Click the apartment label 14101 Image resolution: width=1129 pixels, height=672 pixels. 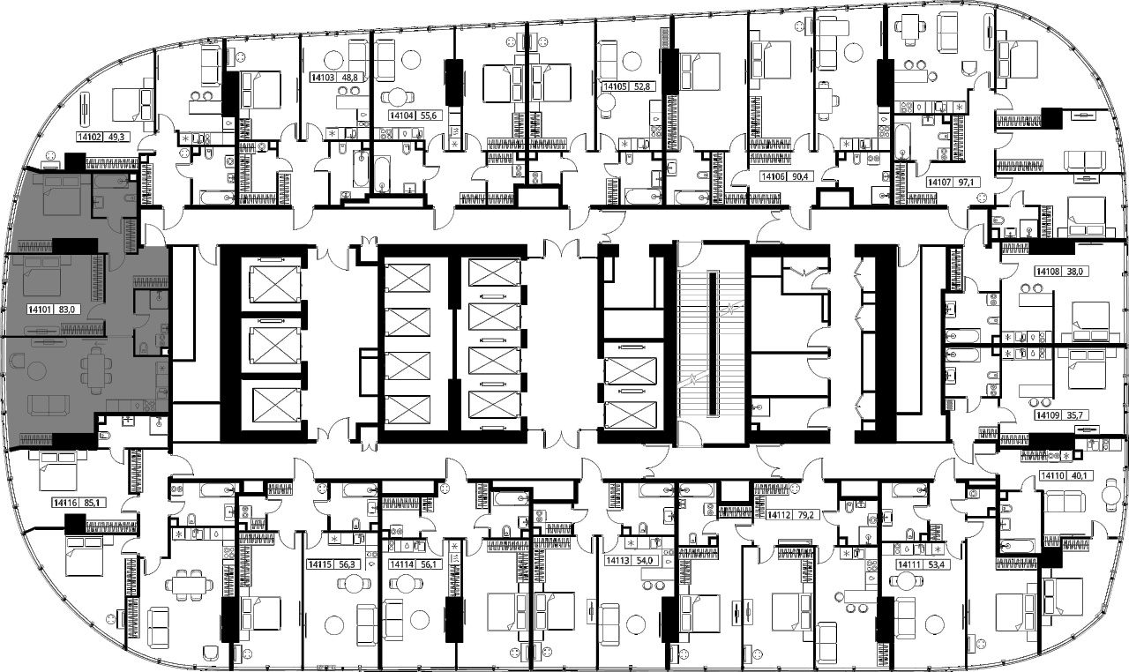pos(41,310)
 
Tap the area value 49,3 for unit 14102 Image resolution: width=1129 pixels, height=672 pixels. pos(116,137)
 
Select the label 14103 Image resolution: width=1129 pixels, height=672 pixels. pos(323,78)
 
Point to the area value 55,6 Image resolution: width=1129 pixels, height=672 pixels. pos(428,116)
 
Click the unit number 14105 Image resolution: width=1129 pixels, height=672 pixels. pos(615,86)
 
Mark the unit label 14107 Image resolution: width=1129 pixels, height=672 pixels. pos(939,182)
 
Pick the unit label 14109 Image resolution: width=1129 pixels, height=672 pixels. pos(1047,415)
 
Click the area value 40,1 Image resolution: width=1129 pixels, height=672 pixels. pos(1077,475)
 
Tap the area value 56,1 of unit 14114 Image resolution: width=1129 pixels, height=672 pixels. pos(428,564)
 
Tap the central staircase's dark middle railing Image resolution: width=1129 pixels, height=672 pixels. pos(712,344)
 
